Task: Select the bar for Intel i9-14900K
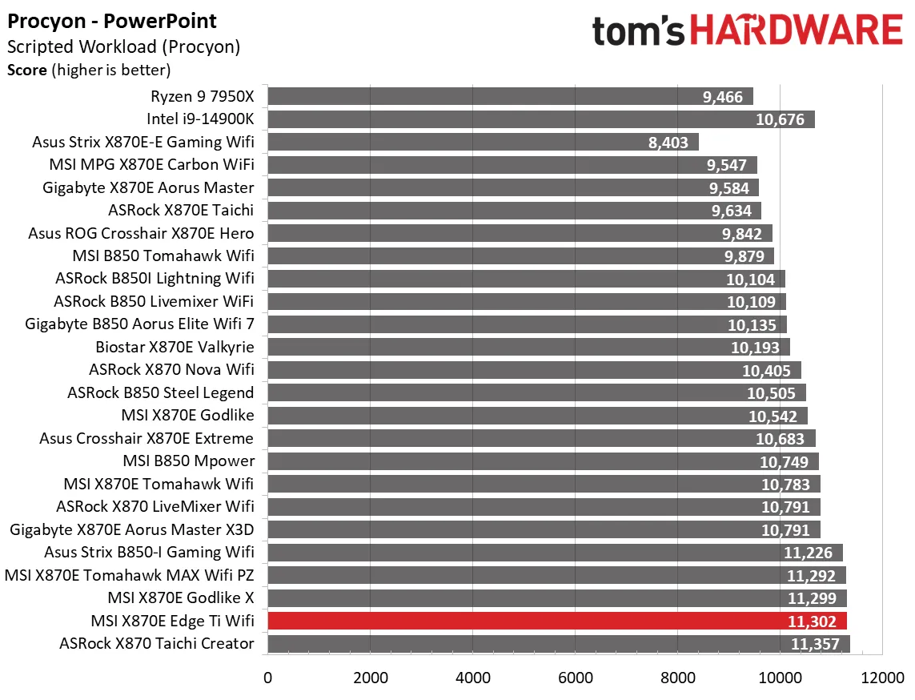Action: pos(540,119)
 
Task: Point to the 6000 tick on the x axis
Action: pos(575,677)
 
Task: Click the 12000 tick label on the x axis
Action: pos(882,677)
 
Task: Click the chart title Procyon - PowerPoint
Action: pos(112,21)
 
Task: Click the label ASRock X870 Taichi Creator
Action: pos(156,643)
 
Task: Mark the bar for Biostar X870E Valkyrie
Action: pos(528,348)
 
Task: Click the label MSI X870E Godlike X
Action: pos(180,597)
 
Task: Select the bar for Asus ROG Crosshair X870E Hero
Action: pos(520,233)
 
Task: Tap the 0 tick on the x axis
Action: pos(267,677)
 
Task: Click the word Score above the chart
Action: pos(27,70)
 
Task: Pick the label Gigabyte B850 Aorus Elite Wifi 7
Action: pos(139,324)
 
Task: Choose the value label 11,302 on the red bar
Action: pos(812,622)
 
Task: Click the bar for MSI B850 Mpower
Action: pos(543,461)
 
